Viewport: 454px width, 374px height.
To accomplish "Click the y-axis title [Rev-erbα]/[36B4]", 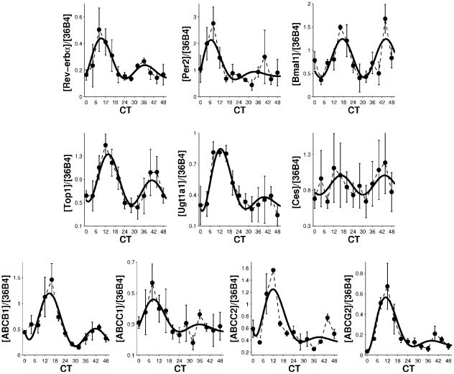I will pos(65,45).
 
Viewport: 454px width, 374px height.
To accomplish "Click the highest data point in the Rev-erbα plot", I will pos(99,30).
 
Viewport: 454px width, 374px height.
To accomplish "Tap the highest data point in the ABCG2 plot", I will pos(388,286).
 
